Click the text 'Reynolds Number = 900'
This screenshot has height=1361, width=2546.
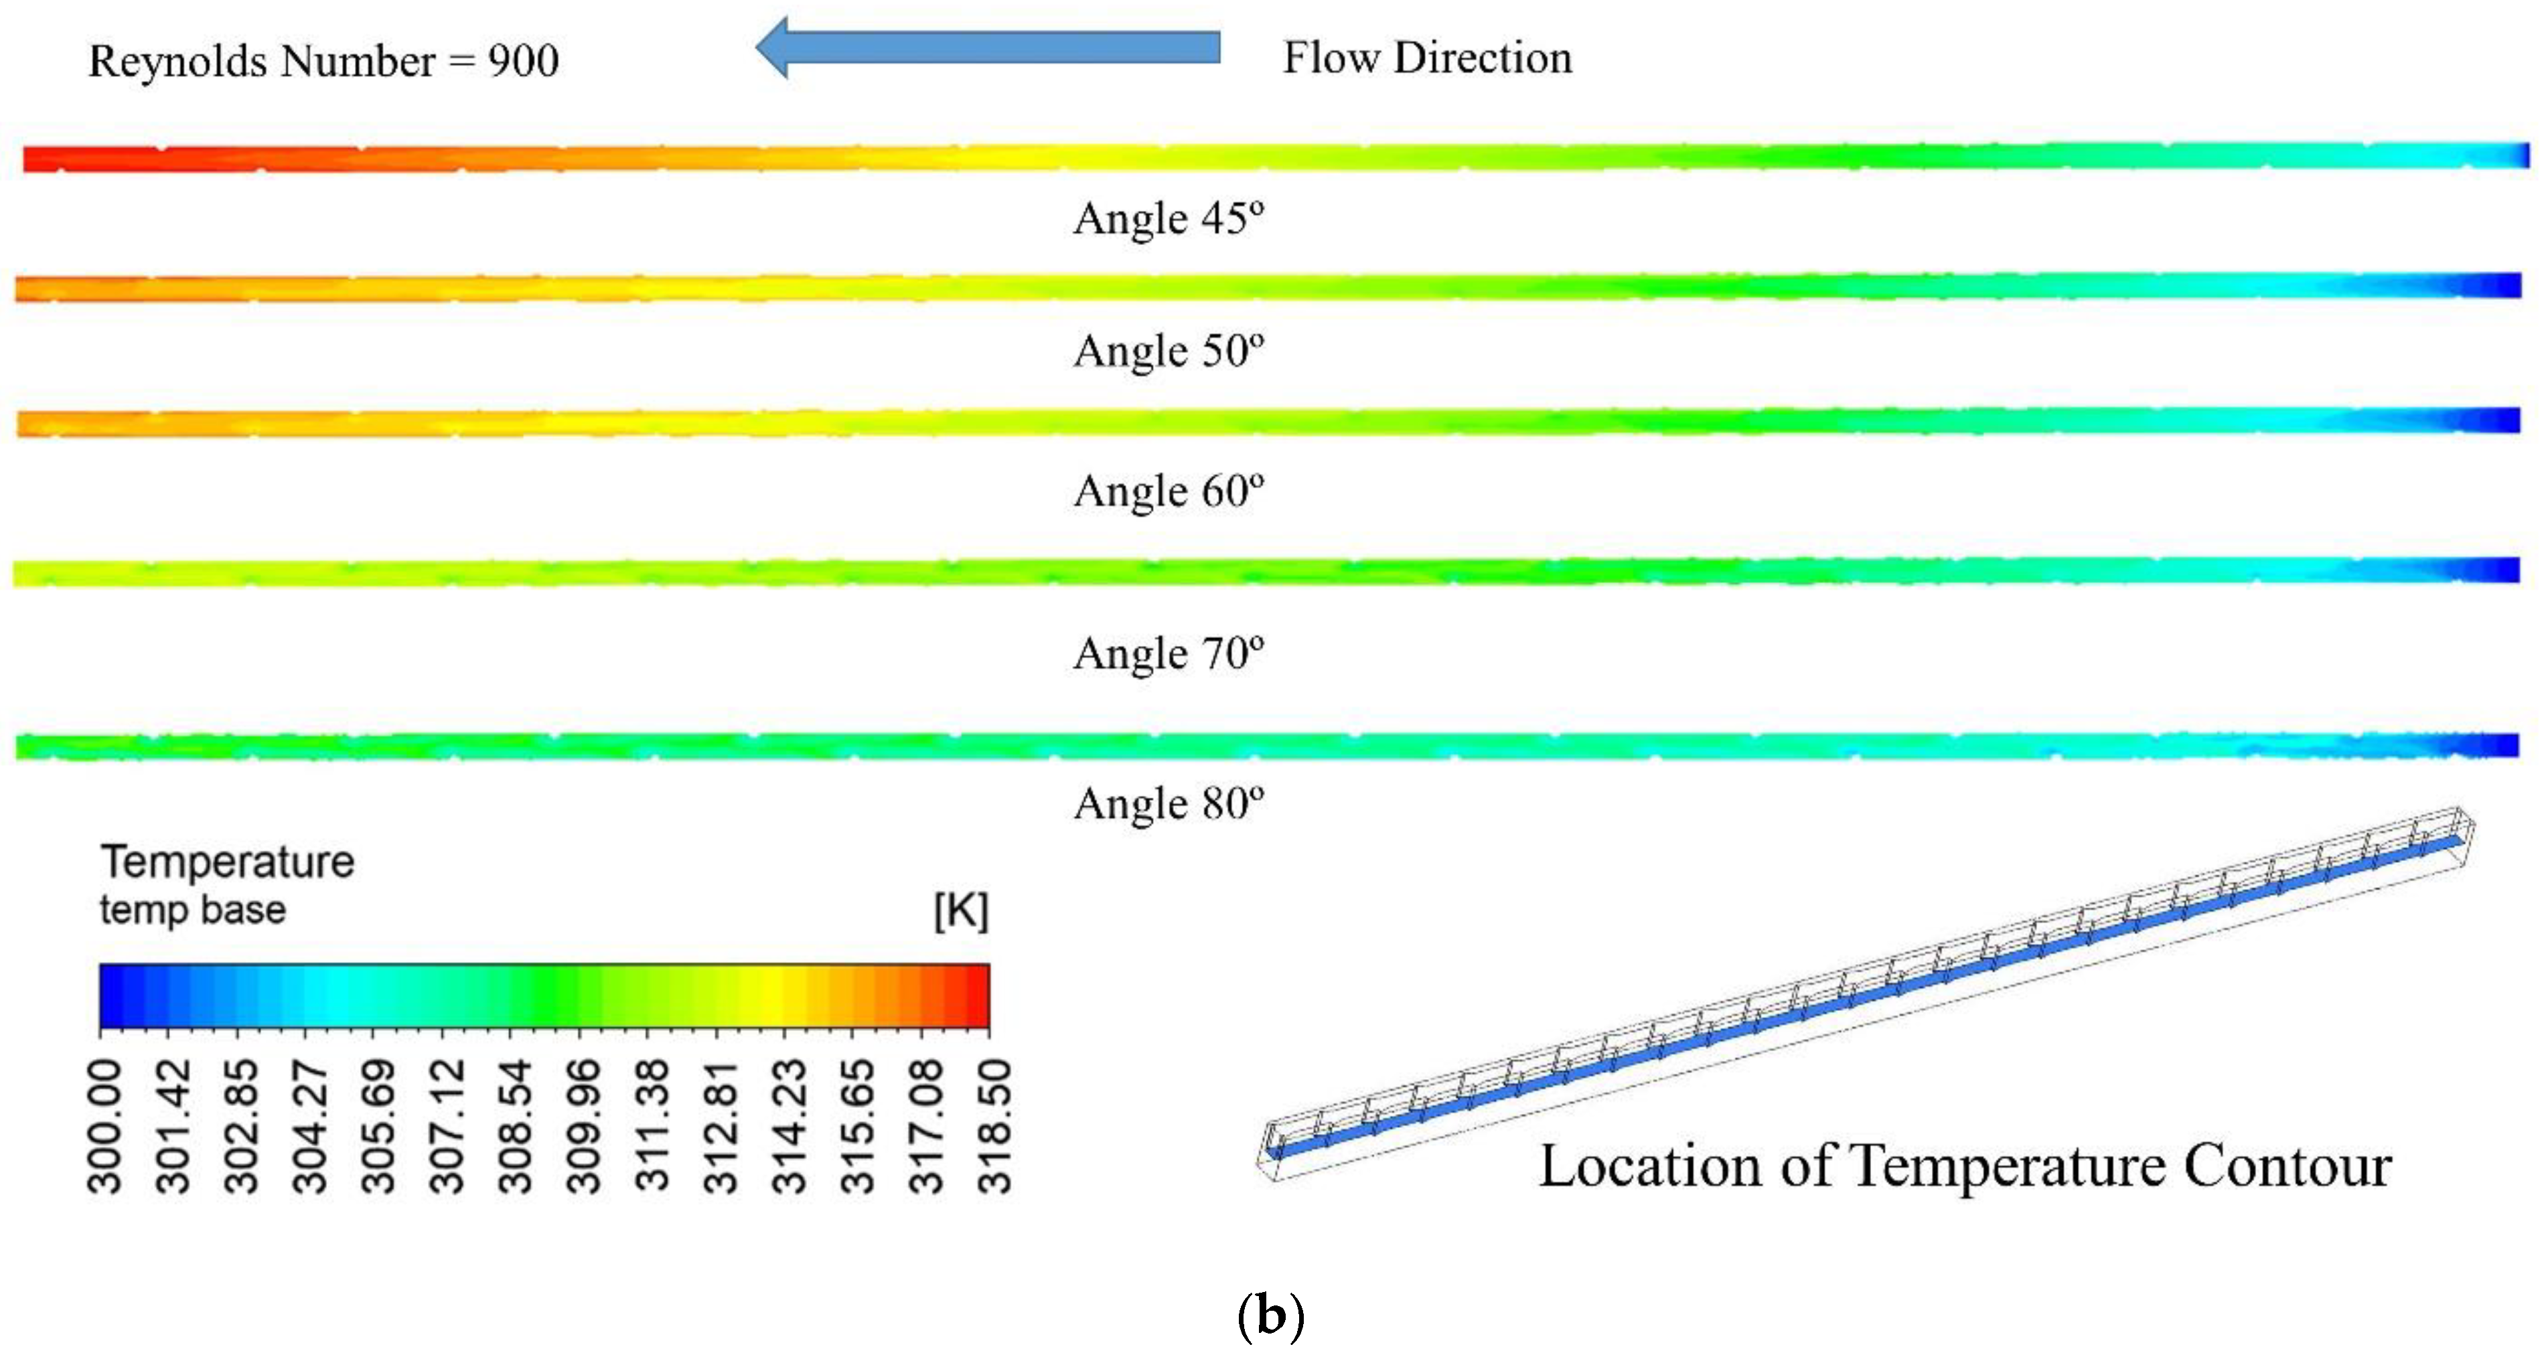pyautogui.click(x=323, y=62)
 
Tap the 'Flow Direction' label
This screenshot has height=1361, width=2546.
pyautogui.click(x=1426, y=58)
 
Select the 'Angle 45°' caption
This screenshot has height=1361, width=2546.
pyautogui.click(x=1169, y=218)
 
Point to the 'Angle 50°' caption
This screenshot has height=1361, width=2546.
pyautogui.click(x=1169, y=351)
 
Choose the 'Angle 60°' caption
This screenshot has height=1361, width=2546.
pyautogui.click(x=1169, y=491)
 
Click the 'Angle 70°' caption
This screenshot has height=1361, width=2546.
pyautogui.click(x=1169, y=653)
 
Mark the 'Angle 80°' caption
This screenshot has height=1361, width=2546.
pyautogui.click(x=1169, y=803)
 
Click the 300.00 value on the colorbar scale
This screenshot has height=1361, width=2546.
pyautogui.click(x=104, y=1127)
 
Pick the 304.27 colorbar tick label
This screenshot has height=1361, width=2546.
pyautogui.click(x=309, y=1127)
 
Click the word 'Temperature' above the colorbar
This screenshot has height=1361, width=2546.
pyautogui.click(x=227, y=862)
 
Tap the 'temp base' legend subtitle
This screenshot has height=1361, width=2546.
pyautogui.click(x=193, y=909)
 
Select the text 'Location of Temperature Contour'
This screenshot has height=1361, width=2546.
pyautogui.click(x=1965, y=1166)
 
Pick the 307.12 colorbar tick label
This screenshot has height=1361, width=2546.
pyautogui.click(x=447, y=1127)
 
